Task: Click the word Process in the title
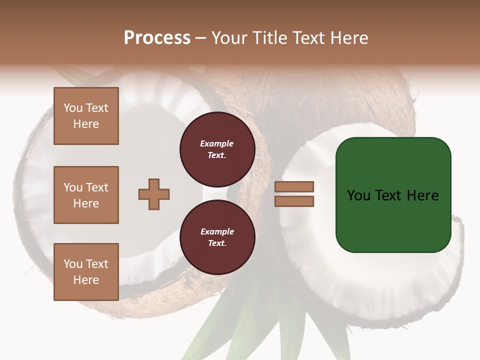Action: coord(157,38)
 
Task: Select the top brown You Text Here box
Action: coord(86,116)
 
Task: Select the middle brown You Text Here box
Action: coord(86,195)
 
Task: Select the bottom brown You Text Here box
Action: coord(86,272)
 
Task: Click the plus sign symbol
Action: coord(154,194)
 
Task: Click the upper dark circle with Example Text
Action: coord(217,149)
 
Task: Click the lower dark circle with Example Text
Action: coord(217,237)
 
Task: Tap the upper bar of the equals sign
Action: coord(294,187)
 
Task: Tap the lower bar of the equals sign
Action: coord(294,201)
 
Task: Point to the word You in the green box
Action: coord(358,195)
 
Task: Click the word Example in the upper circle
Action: coord(217,143)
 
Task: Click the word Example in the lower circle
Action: coord(217,231)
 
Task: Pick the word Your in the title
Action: coord(230,38)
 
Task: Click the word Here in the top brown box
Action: coord(86,124)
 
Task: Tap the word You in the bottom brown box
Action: coord(73,264)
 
